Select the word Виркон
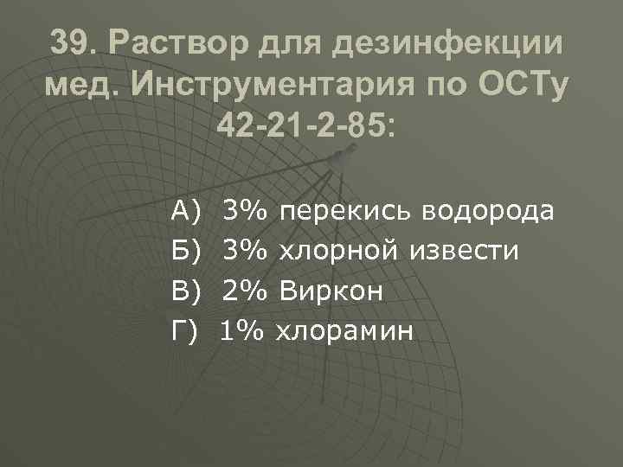[330, 291]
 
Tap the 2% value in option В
[245, 291]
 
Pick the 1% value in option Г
[243, 330]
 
